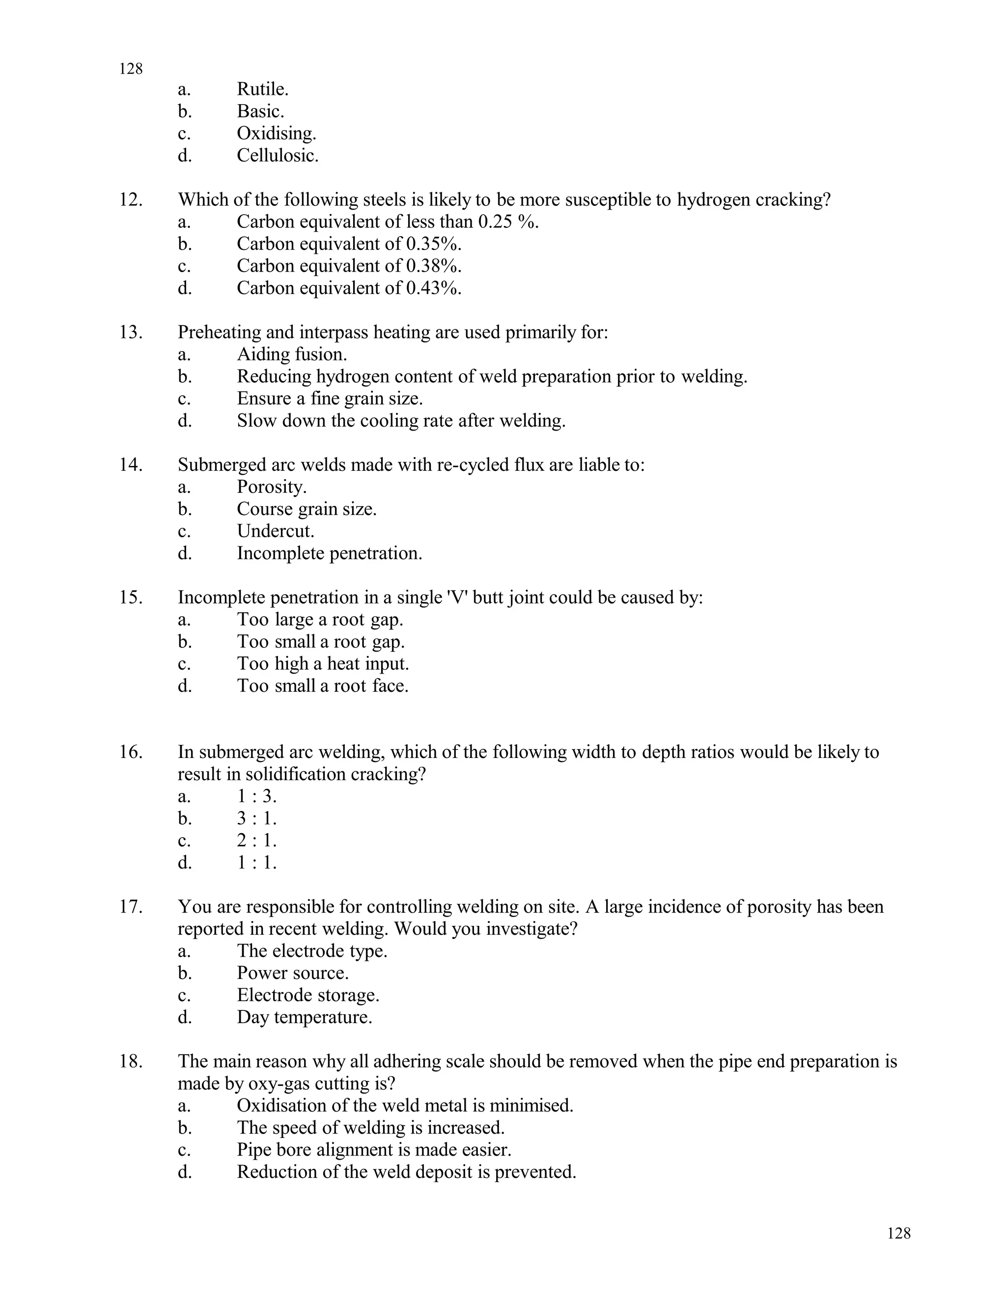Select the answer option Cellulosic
[277, 156]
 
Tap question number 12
[131, 199]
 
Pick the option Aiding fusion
[291, 354]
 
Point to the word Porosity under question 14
[271, 488]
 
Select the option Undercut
[276, 531]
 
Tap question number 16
[131, 752]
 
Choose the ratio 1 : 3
[256, 796]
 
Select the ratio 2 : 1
[256, 840]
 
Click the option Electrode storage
[307, 996]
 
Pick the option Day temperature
[304, 1017]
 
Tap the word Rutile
[262, 89]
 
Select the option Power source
[292, 974]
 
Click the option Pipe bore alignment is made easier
[374, 1150]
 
